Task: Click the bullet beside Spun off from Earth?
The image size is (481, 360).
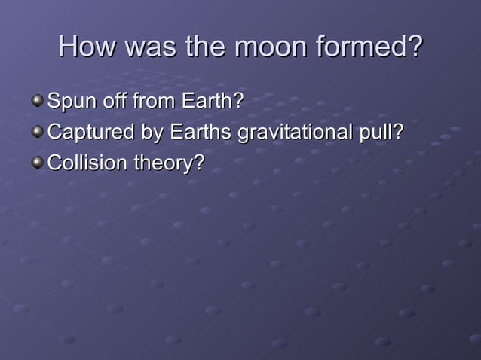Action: [x=37, y=101]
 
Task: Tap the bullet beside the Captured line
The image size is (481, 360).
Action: [x=37, y=132]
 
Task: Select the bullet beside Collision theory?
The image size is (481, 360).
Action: [x=37, y=163]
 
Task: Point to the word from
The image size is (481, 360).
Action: [x=152, y=101]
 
